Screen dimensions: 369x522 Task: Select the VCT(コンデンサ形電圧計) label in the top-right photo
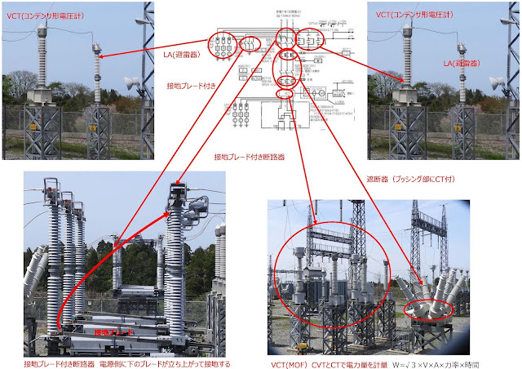417,15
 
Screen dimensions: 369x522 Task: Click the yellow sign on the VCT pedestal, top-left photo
34,127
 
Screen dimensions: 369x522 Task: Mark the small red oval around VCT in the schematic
285,94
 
